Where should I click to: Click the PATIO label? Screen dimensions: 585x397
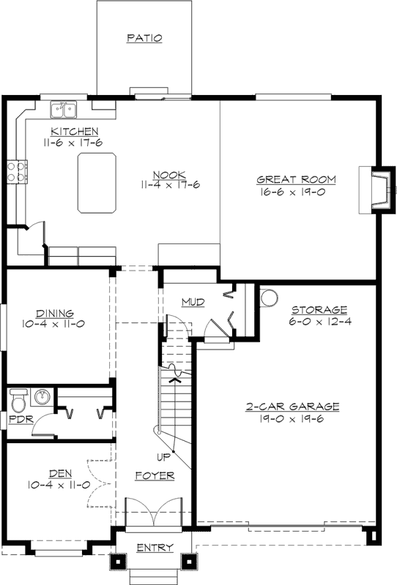coord(144,37)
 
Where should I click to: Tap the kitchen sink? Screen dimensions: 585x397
coord(64,110)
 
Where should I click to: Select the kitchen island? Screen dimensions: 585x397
coord(97,183)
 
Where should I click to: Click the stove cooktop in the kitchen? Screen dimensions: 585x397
coord(17,171)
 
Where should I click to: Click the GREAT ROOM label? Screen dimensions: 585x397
coord(296,179)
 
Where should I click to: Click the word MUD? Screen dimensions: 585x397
coord(193,301)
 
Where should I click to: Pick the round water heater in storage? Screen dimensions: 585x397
coord(268,298)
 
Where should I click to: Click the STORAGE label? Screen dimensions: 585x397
coord(319,309)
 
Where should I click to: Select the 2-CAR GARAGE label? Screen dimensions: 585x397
coord(292,406)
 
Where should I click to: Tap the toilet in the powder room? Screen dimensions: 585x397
coord(18,400)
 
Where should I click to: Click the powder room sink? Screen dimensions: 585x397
coord(42,397)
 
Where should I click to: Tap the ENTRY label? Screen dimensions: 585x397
coord(155,547)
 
